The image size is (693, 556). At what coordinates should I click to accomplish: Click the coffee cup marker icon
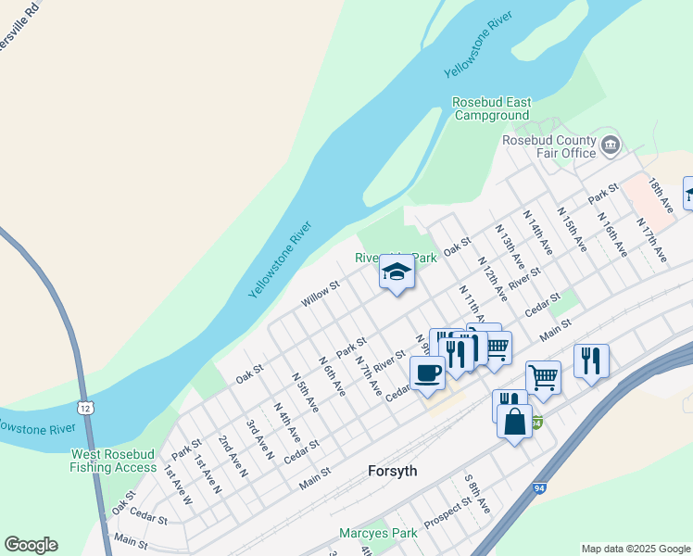click(427, 373)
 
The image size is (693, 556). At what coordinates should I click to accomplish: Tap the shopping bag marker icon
click(514, 421)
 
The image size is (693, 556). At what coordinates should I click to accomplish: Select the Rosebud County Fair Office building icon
click(611, 145)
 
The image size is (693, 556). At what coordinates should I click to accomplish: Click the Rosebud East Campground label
click(491, 109)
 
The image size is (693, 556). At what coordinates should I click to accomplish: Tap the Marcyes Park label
click(378, 534)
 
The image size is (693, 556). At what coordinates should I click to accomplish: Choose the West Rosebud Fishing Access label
click(113, 461)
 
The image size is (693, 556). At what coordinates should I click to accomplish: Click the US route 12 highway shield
click(86, 408)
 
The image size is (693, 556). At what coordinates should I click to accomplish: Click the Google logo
click(31, 545)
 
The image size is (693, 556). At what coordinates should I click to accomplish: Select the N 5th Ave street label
click(305, 392)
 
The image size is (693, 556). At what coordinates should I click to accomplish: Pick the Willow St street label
click(321, 296)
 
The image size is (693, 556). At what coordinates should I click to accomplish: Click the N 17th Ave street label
click(650, 239)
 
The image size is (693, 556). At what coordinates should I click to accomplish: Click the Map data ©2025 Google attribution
click(636, 548)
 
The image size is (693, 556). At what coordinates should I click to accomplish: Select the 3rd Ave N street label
click(259, 439)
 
